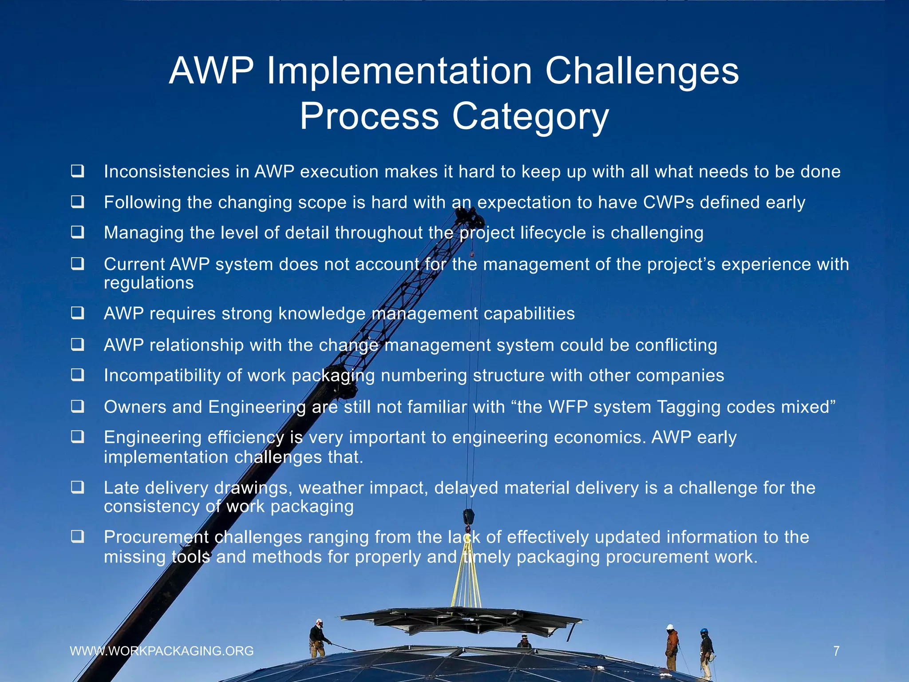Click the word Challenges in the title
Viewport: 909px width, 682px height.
pyautogui.click(x=642, y=71)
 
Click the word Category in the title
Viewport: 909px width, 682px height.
pyautogui.click(x=530, y=116)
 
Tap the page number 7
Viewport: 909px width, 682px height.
pyautogui.click(x=836, y=651)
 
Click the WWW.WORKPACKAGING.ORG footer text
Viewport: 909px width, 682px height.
pyautogui.click(x=162, y=651)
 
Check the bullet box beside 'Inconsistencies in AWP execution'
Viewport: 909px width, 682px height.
pyautogui.click(x=78, y=171)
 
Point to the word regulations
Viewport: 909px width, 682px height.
pyautogui.click(x=149, y=283)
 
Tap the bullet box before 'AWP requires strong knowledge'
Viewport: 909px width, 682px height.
pyautogui.click(x=78, y=313)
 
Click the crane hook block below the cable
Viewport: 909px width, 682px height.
pyautogui.click(x=468, y=518)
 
